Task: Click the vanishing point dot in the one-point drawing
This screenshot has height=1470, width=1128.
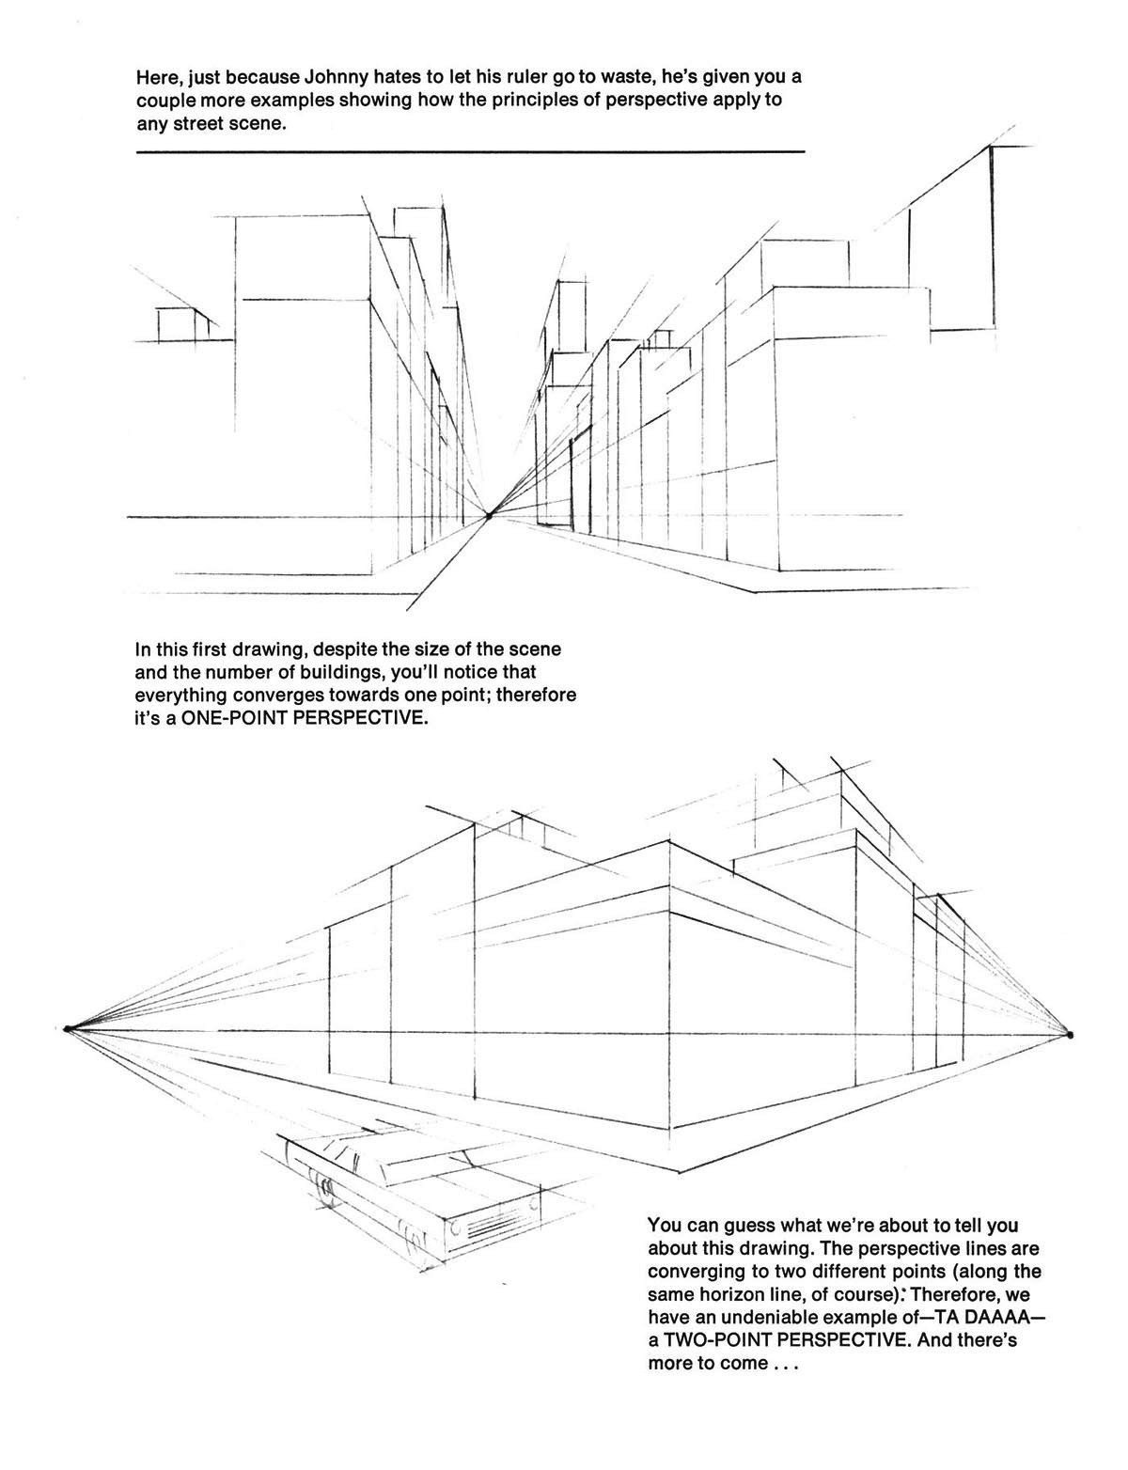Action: [489, 514]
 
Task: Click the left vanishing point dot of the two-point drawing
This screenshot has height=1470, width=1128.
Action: [68, 1028]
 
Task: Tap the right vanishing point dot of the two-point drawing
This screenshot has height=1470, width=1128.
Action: [1070, 1035]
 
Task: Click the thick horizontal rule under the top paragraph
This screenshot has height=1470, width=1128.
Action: [470, 151]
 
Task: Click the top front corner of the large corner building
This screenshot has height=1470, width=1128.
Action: [668, 843]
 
